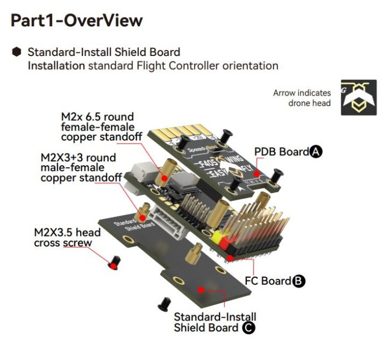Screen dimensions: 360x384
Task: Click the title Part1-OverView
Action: (77, 21)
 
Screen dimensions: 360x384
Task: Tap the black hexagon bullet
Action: (17, 52)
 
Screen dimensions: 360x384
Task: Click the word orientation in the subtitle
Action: (250, 66)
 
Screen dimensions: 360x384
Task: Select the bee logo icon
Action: (359, 97)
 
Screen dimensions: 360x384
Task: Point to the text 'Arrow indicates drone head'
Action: (302, 98)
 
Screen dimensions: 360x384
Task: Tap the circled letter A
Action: (315, 152)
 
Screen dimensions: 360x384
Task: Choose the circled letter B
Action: (298, 281)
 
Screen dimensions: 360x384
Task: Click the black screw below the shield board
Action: (163, 302)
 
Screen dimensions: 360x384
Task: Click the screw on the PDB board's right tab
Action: (278, 175)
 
